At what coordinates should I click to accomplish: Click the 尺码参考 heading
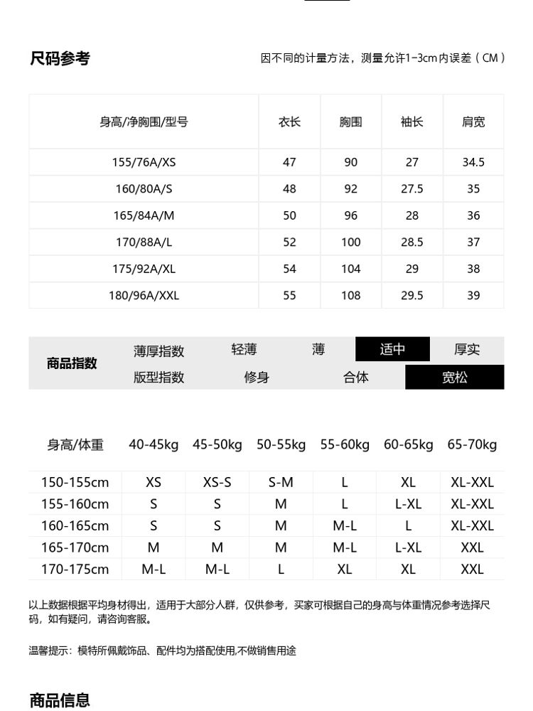pos(60,58)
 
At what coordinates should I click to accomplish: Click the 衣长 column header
pos(289,122)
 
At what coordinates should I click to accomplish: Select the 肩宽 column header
pos(473,122)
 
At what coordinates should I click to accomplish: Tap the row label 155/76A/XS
pos(144,162)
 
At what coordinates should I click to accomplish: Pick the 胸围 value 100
pos(350,242)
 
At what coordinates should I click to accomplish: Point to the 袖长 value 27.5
pos(412,189)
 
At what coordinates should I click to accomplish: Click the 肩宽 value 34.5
pos(473,162)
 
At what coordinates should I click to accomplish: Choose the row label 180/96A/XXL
pos(144,296)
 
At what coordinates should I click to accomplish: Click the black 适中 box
pos(392,349)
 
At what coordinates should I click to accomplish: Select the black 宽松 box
pos(454,378)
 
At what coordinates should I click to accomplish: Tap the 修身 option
pos(257,378)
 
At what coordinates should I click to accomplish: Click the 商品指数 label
pos(72,363)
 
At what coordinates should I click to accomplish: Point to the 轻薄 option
pos(244,349)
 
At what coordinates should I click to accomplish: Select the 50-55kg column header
pos(281,445)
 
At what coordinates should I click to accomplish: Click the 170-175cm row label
pos(75,570)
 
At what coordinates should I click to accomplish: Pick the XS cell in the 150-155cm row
pos(154,482)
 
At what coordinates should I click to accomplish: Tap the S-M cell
pos(281,482)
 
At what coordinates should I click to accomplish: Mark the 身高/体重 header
pos(75,445)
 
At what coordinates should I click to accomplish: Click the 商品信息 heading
pos(60,700)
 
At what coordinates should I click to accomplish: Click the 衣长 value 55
pos(289,296)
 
